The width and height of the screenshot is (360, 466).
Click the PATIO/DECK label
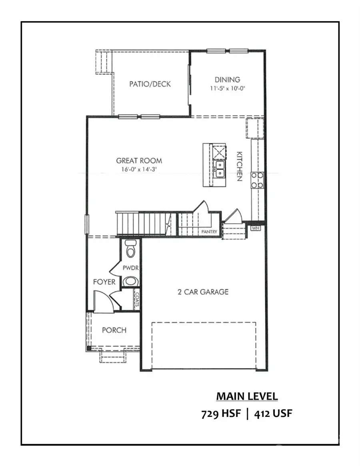click(x=150, y=84)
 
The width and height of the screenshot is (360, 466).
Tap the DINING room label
click(x=227, y=80)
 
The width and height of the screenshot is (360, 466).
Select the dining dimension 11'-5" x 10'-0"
click(x=227, y=89)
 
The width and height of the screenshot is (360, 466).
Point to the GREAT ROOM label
click(x=139, y=161)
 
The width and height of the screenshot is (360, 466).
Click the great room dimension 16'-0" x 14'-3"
click(x=139, y=169)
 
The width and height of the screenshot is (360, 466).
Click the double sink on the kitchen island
click(x=219, y=169)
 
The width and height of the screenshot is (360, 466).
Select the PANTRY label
click(x=209, y=231)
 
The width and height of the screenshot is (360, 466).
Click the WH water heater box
click(x=255, y=228)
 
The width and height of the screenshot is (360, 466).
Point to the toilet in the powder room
click(x=130, y=249)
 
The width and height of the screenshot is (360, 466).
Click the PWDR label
click(x=130, y=268)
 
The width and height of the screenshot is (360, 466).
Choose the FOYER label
click(x=104, y=282)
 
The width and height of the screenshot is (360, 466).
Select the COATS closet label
click(x=137, y=299)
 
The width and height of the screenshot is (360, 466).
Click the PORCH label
click(x=114, y=330)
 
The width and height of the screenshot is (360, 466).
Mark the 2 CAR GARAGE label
click(x=203, y=292)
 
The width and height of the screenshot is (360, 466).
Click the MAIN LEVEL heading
click(x=247, y=396)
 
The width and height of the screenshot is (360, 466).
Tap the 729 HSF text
click(x=221, y=413)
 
